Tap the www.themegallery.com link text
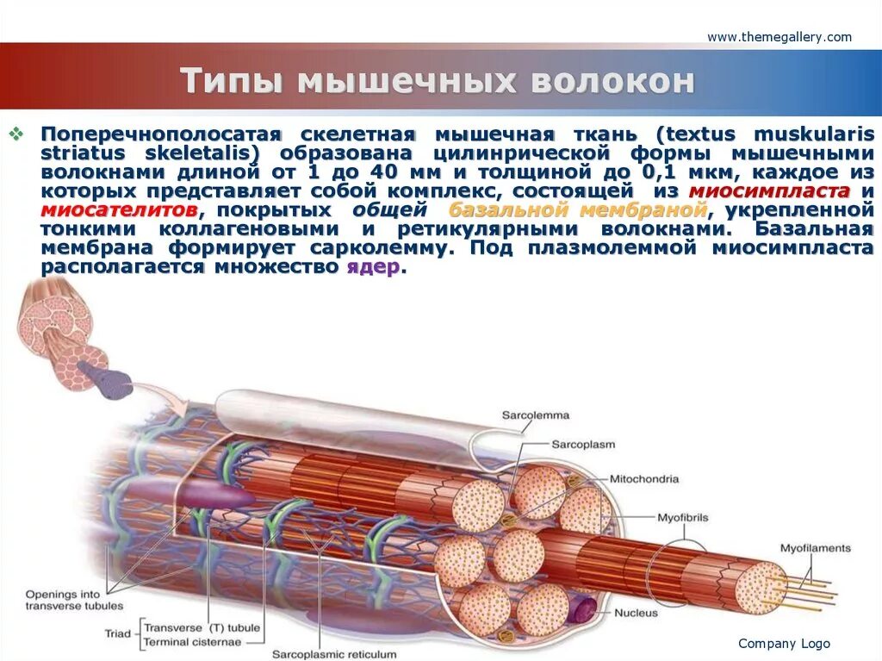tap(779, 37)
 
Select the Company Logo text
tap(784, 644)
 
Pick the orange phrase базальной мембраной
tap(578, 210)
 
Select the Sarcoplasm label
tap(583, 445)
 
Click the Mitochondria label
tap(644, 479)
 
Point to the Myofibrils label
tap(682, 518)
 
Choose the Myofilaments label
tap(815, 548)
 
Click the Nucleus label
tap(636, 614)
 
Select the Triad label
tap(118, 633)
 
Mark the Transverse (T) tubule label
tap(201, 627)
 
